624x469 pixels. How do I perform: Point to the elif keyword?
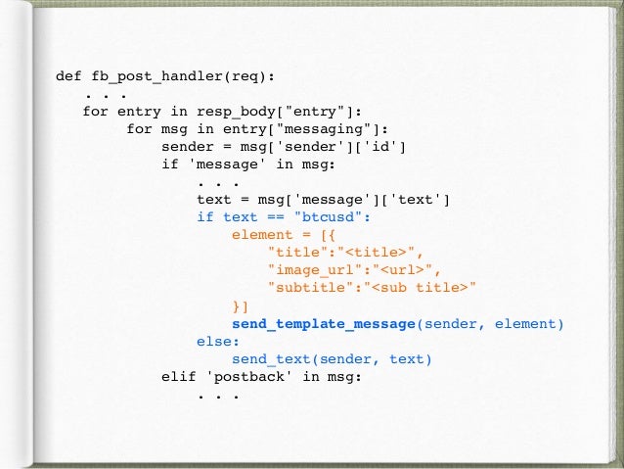click(x=179, y=377)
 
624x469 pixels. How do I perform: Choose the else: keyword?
click(x=218, y=342)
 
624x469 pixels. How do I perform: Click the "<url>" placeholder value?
click(x=408, y=270)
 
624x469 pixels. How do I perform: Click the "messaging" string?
click(x=336, y=129)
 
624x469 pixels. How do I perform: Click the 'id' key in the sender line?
click(x=386, y=147)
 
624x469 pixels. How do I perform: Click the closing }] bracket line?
click(x=241, y=305)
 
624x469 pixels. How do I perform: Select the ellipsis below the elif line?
click(x=218, y=395)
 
